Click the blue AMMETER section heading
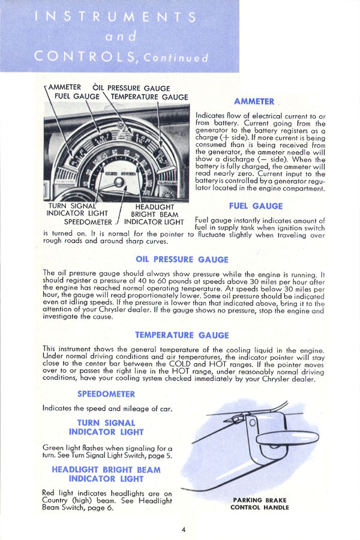[254, 101]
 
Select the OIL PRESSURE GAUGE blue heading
[182, 260]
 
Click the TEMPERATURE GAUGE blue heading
[181, 335]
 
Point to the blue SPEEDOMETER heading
[106, 394]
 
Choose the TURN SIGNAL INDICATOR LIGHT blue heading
[106, 427]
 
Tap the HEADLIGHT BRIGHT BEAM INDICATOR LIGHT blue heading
[106, 474]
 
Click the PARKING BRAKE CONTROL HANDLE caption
[259, 503]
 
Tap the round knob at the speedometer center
[119, 182]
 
